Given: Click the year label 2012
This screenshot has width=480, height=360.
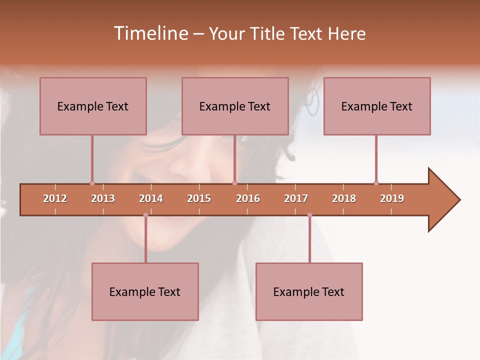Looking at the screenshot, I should pyautogui.click(x=55, y=198).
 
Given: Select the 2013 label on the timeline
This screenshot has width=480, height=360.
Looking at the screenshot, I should pyautogui.click(x=103, y=198).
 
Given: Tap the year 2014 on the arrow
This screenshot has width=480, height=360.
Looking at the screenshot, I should pyautogui.click(x=151, y=198).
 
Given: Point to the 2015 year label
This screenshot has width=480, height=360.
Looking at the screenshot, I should pyautogui.click(x=199, y=198).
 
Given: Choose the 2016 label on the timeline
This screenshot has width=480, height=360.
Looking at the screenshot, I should pyautogui.click(x=248, y=198).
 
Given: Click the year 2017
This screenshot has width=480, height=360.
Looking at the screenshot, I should pyautogui.click(x=296, y=198).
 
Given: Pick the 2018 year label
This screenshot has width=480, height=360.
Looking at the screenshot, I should pyautogui.click(x=344, y=198).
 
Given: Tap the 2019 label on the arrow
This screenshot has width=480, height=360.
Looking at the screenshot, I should pyautogui.click(x=392, y=198).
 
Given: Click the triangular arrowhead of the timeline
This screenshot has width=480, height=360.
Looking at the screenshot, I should pyautogui.click(x=443, y=200).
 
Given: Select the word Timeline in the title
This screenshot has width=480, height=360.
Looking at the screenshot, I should pyautogui.click(x=150, y=33).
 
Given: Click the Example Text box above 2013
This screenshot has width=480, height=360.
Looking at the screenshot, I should pyautogui.click(x=93, y=106).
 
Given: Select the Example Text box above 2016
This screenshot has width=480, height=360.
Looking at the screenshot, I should pyautogui.click(x=235, y=106).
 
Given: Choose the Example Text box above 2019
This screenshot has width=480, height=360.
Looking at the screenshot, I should pyautogui.click(x=377, y=106).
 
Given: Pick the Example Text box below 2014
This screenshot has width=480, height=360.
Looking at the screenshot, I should pyautogui.click(x=145, y=291).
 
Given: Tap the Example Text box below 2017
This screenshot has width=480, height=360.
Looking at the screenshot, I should pyautogui.click(x=309, y=291).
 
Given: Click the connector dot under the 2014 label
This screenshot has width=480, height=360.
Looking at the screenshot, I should pyautogui.click(x=145, y=215).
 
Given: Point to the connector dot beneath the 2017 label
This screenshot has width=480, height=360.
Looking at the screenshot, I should pyautogui.click(x=309, y=215).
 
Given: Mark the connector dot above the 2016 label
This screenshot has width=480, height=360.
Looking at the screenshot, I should pyautogui.click(x=235, y=183).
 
